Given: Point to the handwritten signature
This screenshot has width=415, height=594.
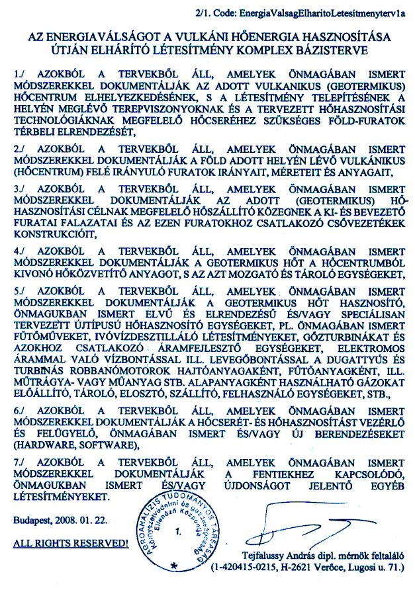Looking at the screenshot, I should tap(311, 523).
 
